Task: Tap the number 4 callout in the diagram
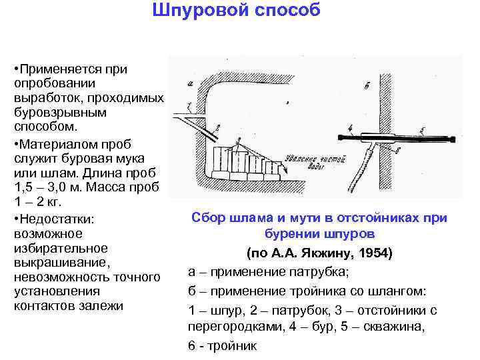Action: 349,127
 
